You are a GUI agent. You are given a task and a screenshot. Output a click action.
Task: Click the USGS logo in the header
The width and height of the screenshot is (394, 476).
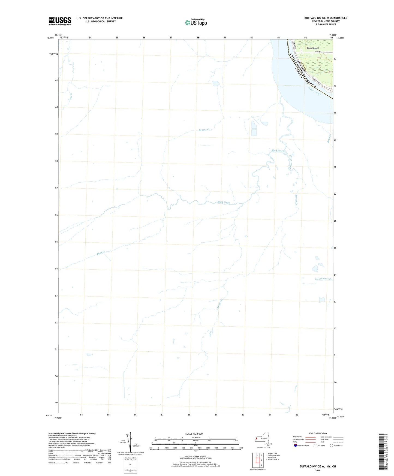60,21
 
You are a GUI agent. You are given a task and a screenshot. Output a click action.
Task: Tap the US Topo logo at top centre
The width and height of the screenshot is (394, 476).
196,22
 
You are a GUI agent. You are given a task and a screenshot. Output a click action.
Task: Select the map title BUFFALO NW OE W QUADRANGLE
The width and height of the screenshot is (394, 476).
326,18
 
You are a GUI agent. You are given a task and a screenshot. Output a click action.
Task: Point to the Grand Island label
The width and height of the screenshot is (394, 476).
312,48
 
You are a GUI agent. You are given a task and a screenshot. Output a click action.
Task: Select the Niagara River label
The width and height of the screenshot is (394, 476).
314,91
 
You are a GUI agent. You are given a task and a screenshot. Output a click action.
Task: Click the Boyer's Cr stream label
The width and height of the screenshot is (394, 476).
204,130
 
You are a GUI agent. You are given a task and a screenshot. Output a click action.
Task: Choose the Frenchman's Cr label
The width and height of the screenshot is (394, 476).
323,279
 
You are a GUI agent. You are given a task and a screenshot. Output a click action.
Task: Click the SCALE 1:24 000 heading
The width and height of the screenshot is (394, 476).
194,433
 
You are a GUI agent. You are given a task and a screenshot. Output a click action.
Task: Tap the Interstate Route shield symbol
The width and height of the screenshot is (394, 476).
296,445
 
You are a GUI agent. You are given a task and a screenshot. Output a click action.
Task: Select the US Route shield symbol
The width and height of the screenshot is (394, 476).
315,445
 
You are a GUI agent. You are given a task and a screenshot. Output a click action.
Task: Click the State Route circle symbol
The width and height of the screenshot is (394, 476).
332,445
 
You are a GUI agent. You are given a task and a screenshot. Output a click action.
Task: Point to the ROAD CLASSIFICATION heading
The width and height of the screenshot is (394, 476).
318,433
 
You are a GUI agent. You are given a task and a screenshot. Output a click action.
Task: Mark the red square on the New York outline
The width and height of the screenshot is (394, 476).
257,439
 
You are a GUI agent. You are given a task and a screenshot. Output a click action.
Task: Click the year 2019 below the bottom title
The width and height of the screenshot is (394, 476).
318,470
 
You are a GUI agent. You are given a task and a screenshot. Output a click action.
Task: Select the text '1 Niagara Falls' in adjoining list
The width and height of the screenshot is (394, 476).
272,453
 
